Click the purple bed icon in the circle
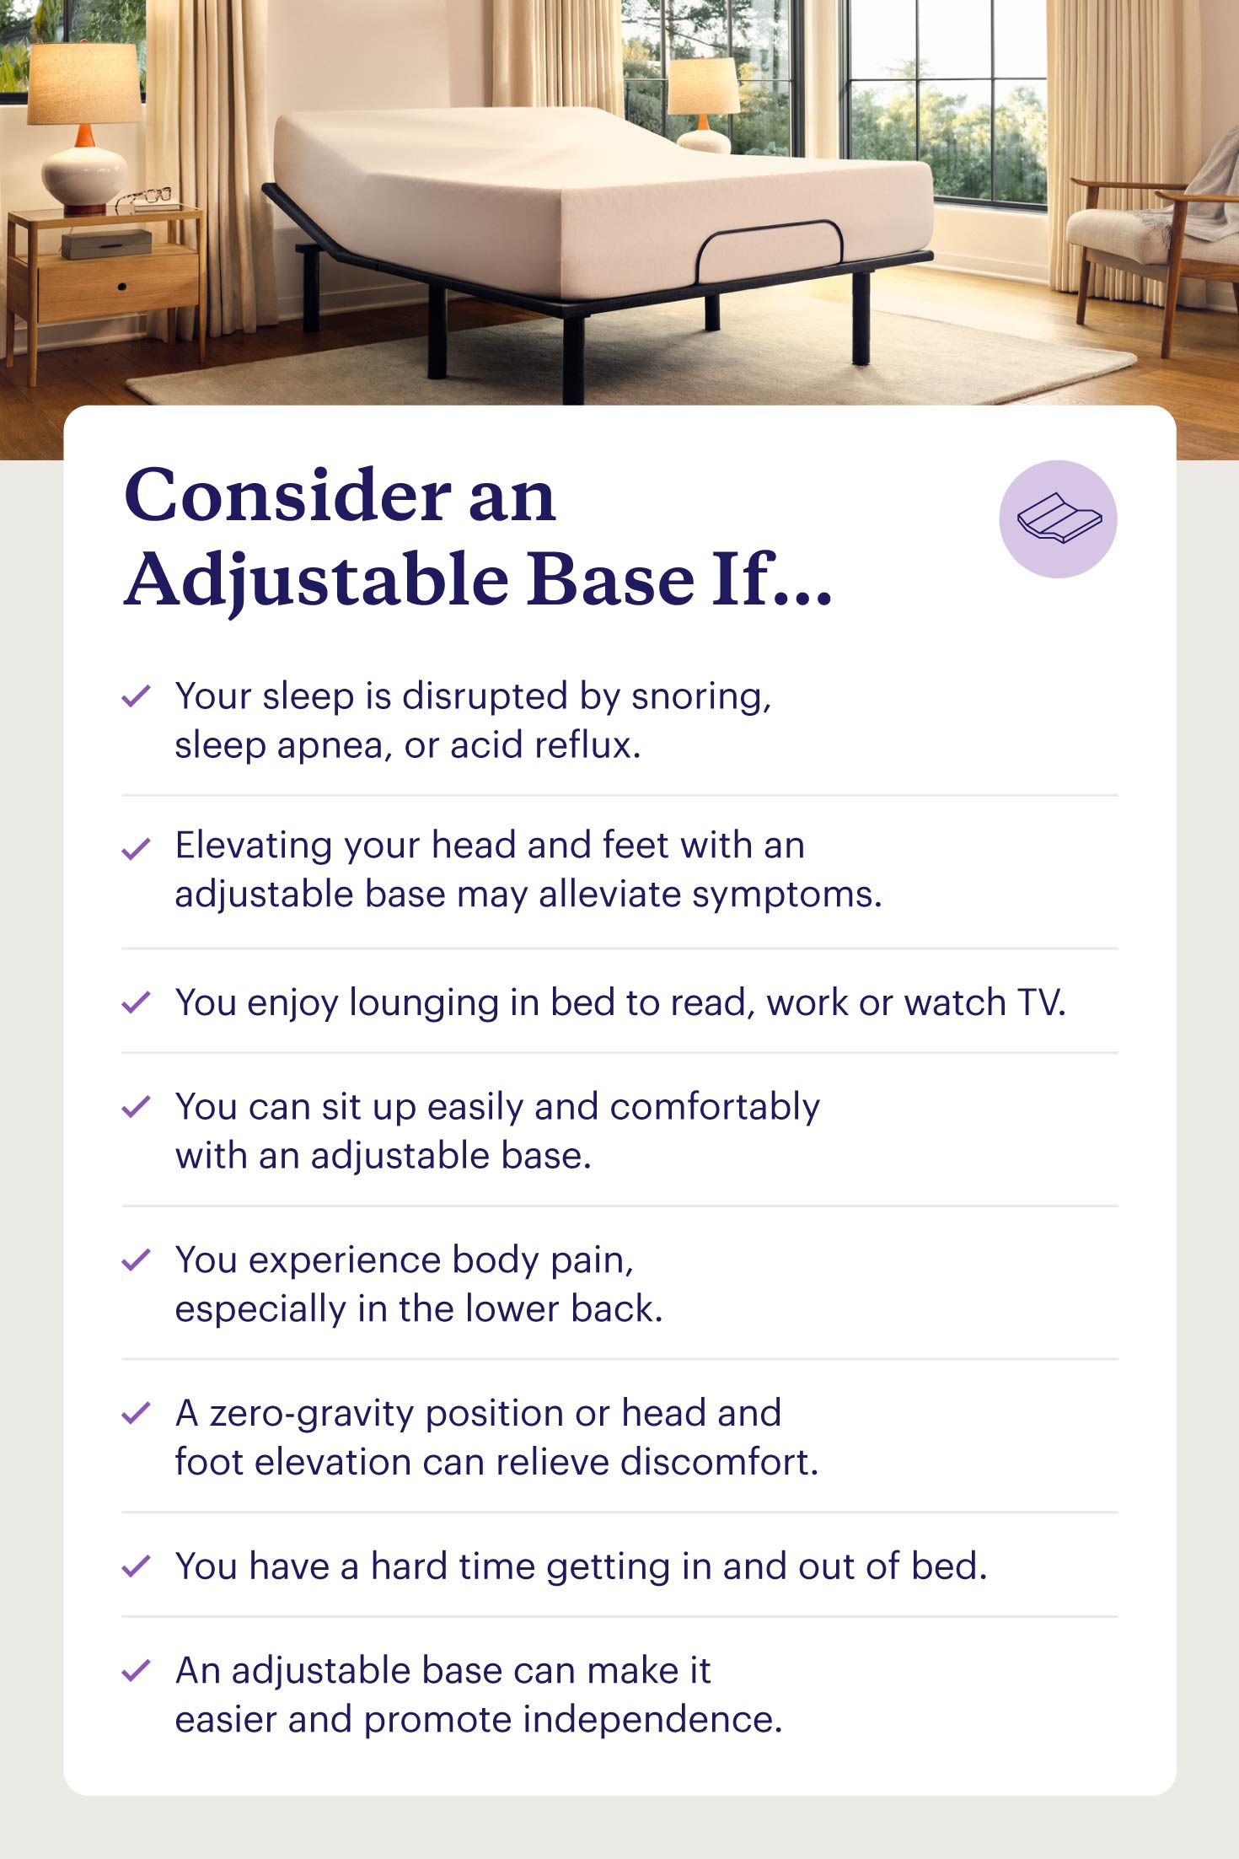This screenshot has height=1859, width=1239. coord(1059,518)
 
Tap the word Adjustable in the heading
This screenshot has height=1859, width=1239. coord(317,581)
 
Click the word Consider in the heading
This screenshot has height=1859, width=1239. coord(287,495)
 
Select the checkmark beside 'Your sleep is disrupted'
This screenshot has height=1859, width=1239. coord(136,696)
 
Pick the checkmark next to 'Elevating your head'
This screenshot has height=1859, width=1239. coord(136,848)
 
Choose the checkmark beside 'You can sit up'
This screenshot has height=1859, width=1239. coord(136,1106)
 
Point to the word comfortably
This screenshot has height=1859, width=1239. coord(715,1108)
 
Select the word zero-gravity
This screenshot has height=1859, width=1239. coord(312,1415)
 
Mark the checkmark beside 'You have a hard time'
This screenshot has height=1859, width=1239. coord(136,1566)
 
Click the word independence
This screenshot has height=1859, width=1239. coord(653,1720)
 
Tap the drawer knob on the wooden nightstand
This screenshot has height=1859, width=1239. coord(122,287)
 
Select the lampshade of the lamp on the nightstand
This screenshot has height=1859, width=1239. coord(84,83)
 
